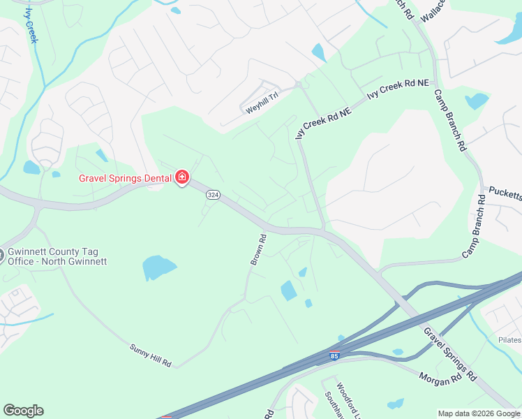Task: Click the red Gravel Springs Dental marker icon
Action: pos(182,178)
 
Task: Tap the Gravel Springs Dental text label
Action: pos(125,178)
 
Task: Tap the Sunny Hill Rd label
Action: pos(150,355)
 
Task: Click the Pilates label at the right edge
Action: pos(509,339)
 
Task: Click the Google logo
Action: pos(23,411)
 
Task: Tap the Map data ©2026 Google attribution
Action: pos(478,413)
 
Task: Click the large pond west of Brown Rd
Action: pos(159,267)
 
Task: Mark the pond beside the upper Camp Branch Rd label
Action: pos(477,101)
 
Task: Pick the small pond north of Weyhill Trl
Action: pos(319,52)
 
